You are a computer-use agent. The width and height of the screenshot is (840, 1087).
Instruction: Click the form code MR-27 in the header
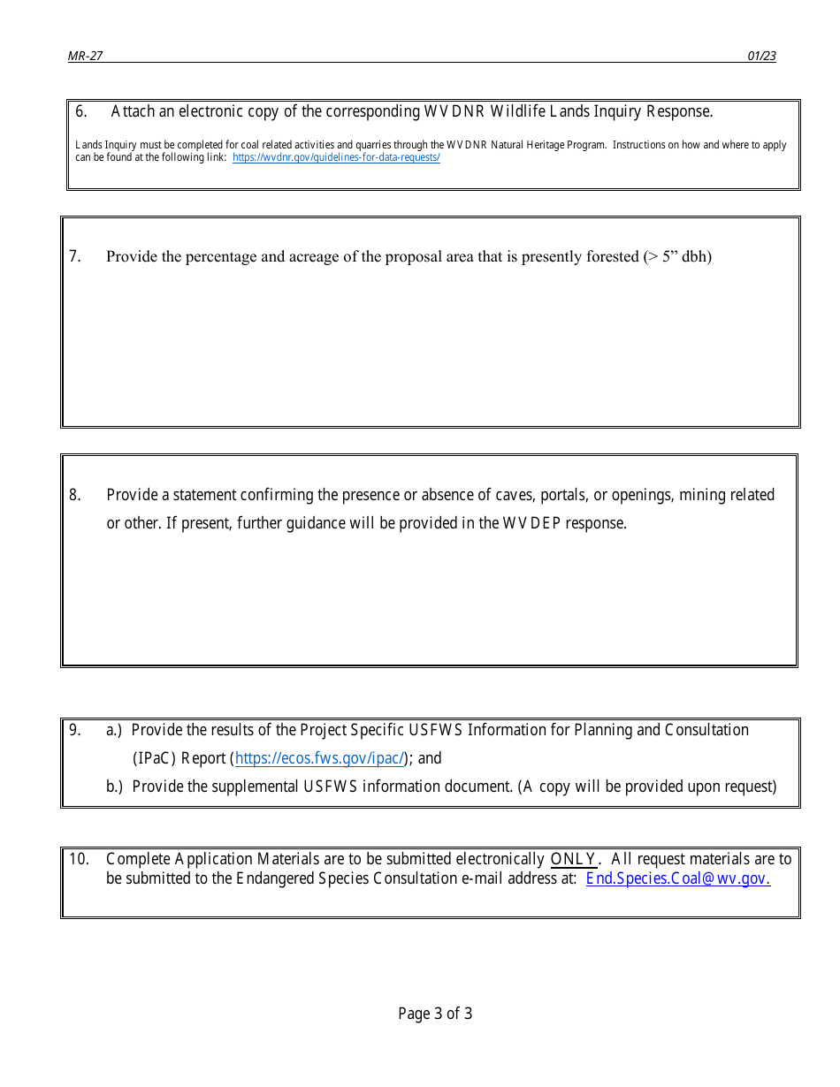click(x=85, y=56)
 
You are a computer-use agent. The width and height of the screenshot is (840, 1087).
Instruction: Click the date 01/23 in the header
click(x=761, y=56)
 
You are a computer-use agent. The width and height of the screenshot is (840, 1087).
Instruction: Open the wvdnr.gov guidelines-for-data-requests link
click(x=336, y=157)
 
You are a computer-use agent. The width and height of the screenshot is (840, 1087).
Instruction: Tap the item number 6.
click(x=80, y=111)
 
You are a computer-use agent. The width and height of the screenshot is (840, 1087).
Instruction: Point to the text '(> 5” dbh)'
click(x=677, y=257)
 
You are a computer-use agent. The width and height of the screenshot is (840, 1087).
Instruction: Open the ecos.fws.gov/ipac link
click(x=320, y=758)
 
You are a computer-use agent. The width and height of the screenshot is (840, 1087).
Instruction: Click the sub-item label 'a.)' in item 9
click(x=115, y=730)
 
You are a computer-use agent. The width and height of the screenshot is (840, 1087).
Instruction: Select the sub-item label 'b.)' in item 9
click(x=115, y=787)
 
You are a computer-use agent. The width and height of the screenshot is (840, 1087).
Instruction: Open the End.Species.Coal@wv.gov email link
click(x=677, y=878)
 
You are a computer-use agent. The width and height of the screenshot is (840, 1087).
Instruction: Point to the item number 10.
click(x=79, y=859)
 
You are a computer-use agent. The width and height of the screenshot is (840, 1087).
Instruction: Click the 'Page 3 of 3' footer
click(x=435, y=1014)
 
